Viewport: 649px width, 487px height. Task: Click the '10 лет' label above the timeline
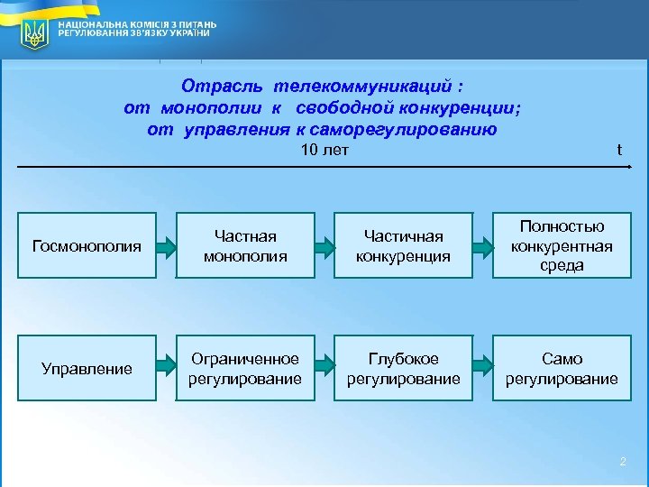(x=324, y=150)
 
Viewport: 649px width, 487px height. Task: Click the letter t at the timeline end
(x=619, y=151)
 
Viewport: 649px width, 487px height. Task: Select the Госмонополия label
(x=87, y=245)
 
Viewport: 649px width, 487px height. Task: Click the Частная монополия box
(x=245, y=245)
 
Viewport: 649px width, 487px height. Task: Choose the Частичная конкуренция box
(x=403, y=245)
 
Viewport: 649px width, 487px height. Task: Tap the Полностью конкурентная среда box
(x=562, y=245)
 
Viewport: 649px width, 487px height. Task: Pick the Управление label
(x=87, y=368)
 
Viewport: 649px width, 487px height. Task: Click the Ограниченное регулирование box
(x=245, y=368)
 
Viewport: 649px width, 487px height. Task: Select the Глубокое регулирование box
(x=403, y=368)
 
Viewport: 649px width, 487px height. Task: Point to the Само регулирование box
(x=562, y=368)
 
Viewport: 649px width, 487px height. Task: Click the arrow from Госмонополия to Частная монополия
(x=166, y=245)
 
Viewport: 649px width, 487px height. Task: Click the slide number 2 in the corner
(x=622, y=463)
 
